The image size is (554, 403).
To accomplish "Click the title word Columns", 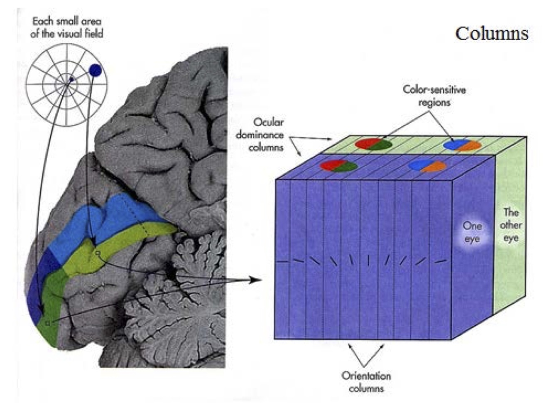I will coord(492,34).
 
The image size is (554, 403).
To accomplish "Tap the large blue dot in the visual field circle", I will coord(95,71).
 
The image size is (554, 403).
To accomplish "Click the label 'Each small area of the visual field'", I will coord(66,27).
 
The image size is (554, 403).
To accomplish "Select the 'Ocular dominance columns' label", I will coord(260,135).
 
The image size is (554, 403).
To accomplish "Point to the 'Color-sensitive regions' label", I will coord(434,96).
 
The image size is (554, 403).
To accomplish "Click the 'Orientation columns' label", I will coord(366,382).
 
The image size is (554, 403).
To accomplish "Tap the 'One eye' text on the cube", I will coord(472,232).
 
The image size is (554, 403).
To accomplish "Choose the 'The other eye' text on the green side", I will coord(511,225).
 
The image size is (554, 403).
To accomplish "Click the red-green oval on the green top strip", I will coord(373,144).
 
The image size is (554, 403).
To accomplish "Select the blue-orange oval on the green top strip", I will coord(462,145).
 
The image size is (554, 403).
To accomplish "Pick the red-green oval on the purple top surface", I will coord(339,166).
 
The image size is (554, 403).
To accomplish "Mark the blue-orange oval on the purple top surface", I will coord(427,166).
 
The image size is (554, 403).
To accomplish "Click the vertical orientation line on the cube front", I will coord(368,260).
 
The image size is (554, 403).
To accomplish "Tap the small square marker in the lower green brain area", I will coord(48,322).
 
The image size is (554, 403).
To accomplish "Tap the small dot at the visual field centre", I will coord(71,79).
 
